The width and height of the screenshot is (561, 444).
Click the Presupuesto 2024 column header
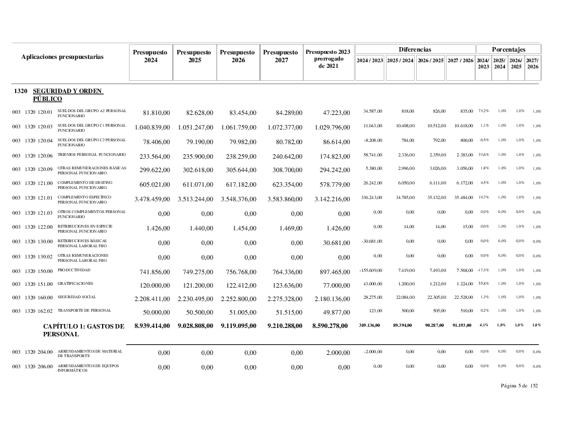click(x=151, y=56)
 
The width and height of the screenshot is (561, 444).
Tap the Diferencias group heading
click(x=415, y=50)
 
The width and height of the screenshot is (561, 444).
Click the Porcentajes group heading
click(x=508, y=50)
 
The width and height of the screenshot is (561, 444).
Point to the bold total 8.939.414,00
click(x=152, y=326)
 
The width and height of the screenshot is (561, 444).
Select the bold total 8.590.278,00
click(x=330, y=326)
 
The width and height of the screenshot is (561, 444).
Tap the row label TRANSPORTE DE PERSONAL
click(x=84, y=310)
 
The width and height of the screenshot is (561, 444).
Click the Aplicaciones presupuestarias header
click(x=62, y=57)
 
